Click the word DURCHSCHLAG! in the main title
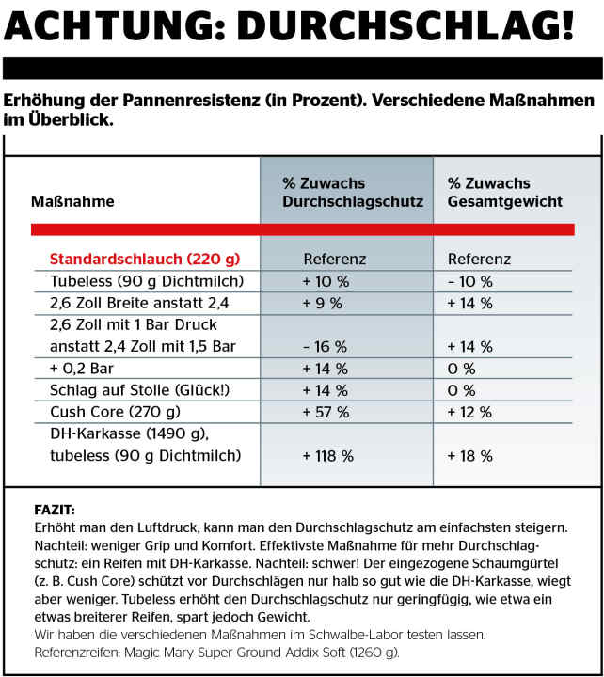(x=405, y=25)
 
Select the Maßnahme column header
(x=72, y=202)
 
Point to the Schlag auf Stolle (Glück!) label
(x=131, y=390)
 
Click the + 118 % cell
(x=327, y=456)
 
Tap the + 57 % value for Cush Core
(x=325, y=412)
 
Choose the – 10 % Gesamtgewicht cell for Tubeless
(x=469, y=281)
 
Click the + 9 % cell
(x=321, y=303)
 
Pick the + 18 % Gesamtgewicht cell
(x=469, y=456)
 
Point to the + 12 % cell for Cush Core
(x=469, y=412)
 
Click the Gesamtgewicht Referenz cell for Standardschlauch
(x=479, y=259)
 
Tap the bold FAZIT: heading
(x=54, y=510)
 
